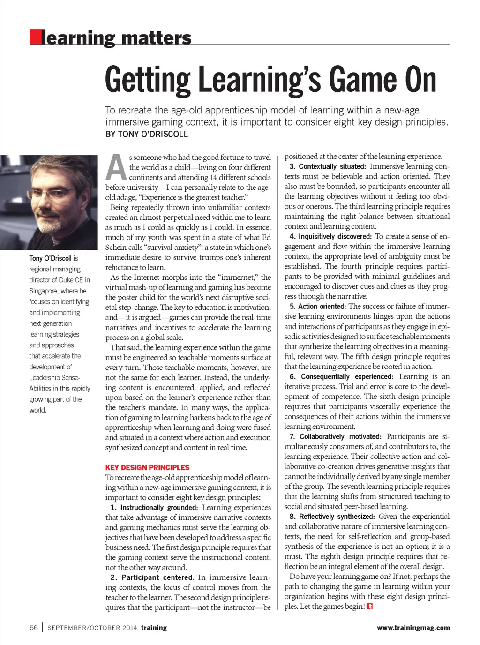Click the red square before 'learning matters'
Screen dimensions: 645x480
(35, 37)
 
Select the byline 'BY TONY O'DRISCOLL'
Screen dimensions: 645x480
(146, 134)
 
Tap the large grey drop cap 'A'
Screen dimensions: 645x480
(116, 168)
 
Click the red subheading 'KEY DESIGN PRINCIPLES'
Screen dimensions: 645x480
(147, 467)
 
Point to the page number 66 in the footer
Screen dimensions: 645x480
(34, 628)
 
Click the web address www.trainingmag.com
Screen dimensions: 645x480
(413, 628)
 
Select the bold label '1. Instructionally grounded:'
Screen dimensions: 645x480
(155, 508)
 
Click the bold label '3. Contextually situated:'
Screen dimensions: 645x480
(327, 166)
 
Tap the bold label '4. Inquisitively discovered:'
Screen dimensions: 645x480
(330, 236)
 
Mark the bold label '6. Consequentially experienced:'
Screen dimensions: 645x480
(341, 376)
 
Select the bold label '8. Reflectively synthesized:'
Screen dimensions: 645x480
(332, 517)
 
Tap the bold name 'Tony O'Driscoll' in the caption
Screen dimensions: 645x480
(51, 258)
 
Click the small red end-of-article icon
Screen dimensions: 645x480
(370, 607)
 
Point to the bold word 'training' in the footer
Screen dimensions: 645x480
(154, 628)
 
